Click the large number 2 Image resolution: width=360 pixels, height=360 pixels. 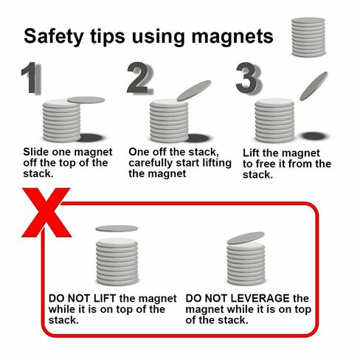pos(140,79)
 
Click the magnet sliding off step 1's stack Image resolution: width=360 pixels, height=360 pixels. pos(86,100)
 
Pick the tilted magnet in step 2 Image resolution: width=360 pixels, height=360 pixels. pos(194,90)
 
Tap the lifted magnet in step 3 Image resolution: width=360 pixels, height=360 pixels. pos(314,86)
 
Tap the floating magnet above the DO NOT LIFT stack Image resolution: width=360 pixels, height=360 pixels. pos(117,229)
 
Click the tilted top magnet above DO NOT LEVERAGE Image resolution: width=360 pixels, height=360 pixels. pos(246,238)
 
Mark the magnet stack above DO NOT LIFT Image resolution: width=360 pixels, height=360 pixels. pos(117,260)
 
